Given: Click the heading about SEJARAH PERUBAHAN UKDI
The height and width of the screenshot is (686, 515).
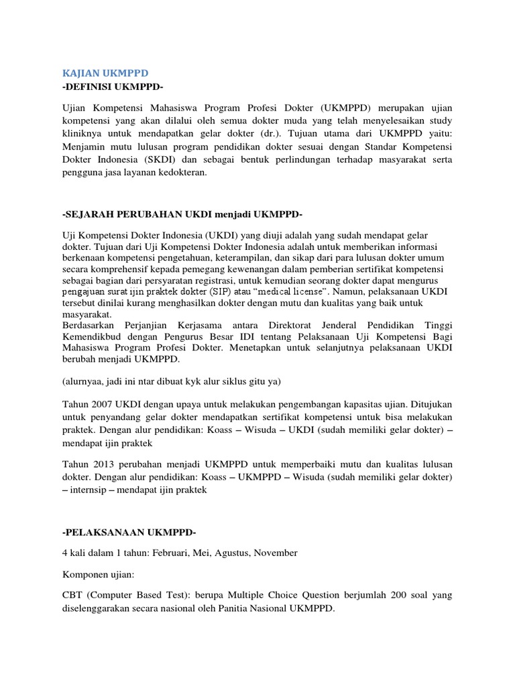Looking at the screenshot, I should tap(182, 214).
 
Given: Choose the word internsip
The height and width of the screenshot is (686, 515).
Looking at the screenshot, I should tap(89, 490).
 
